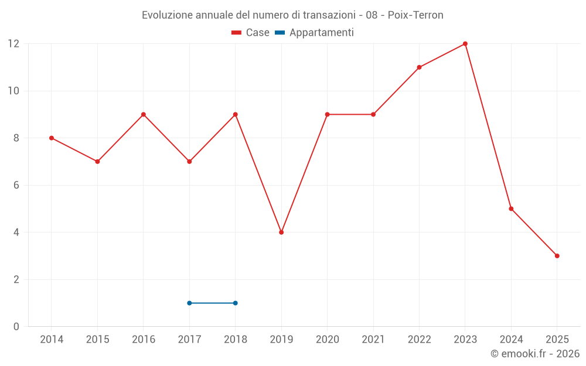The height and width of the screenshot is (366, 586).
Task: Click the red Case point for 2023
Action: (x=465, y=44)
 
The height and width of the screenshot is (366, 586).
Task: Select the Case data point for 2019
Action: (x=281, y=232)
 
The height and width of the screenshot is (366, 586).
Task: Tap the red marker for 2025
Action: (x=557, y=256)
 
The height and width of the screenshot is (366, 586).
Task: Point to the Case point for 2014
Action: (x=52, y=138)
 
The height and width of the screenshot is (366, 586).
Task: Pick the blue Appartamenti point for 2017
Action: (x=189, y=303)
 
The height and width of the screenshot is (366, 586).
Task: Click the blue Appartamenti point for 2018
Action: (x=236, y=303)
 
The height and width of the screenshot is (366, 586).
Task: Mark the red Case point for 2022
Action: (x=419, y=67)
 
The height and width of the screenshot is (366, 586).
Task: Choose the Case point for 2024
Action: (x=511, y=208)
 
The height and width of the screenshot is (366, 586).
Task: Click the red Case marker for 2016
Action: (x=144, y=115)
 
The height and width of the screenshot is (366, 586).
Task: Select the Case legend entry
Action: (x=251, y=33)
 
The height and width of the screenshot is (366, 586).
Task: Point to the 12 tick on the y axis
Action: (x=13, y=44)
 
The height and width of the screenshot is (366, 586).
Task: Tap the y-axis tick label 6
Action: (x=16, y=185)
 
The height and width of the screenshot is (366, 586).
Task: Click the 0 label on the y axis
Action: (x=16, y=326)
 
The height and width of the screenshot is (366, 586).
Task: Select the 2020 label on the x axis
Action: (x=327, y=339)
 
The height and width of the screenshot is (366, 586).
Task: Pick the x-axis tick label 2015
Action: (x=97, y=339)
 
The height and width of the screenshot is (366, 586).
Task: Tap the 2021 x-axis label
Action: (x=373, y=339)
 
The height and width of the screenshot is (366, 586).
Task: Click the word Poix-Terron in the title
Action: (x=415, y=15)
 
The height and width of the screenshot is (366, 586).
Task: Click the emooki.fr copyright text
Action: (x=535, y=354)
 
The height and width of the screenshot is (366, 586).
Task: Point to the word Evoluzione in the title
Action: (x=166, y=15)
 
